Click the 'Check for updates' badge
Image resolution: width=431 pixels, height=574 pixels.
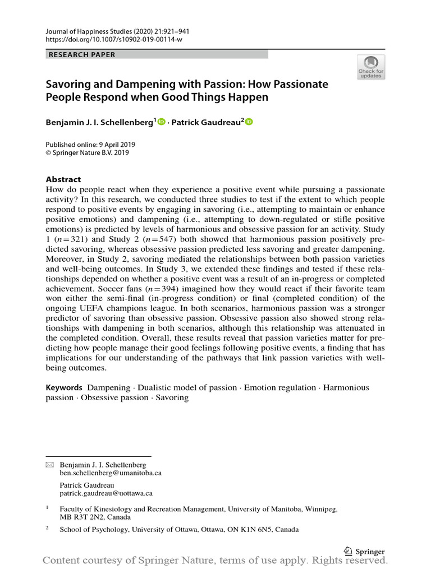[x=370, y=67]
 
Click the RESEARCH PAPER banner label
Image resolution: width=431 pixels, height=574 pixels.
[x=82, y=54]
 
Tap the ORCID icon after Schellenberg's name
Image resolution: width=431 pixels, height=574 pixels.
[x=162, y=122]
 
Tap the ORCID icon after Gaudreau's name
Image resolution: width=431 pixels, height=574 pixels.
[x=249, y=122]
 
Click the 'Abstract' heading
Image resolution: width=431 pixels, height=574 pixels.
[x=63, y=179]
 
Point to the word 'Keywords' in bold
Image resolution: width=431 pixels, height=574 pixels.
[x=63, y=388]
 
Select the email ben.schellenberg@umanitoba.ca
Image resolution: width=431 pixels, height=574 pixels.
[x=111, y=473]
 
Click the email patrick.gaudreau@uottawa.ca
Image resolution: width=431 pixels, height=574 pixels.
[x=106, y=493]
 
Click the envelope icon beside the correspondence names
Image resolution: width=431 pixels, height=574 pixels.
[x=49, y=465]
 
